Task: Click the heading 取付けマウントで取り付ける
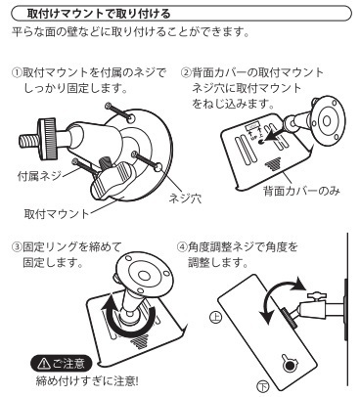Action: click(99, 14)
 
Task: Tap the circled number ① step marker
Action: click(17, 72)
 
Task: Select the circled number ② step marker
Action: click(185, 72)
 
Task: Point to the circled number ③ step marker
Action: click(17, 246)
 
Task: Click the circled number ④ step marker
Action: click(182, 246)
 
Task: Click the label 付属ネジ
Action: click(39, 176)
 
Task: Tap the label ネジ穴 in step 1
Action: click(185, 198)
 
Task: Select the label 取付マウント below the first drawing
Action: click(57, 214)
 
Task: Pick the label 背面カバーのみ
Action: click(301, 191)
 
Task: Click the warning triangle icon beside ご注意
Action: click(42, 364)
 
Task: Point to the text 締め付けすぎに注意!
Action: click(87, 381)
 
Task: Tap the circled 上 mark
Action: click(215, 317)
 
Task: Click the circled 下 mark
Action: click(263, 386)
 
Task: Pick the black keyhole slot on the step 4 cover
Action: click(289, 365)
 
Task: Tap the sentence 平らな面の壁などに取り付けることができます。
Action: click(131, 32)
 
